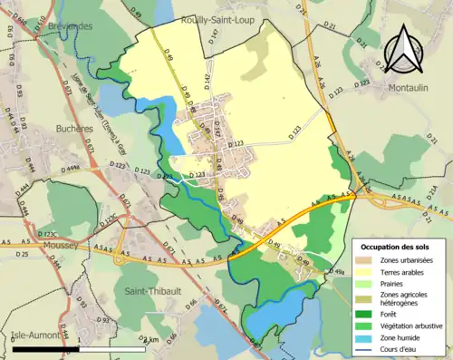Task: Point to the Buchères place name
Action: point(74,129)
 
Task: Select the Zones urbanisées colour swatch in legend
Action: point(366,260)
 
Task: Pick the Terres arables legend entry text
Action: point(404,271)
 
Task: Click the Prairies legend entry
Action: point(394,282)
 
